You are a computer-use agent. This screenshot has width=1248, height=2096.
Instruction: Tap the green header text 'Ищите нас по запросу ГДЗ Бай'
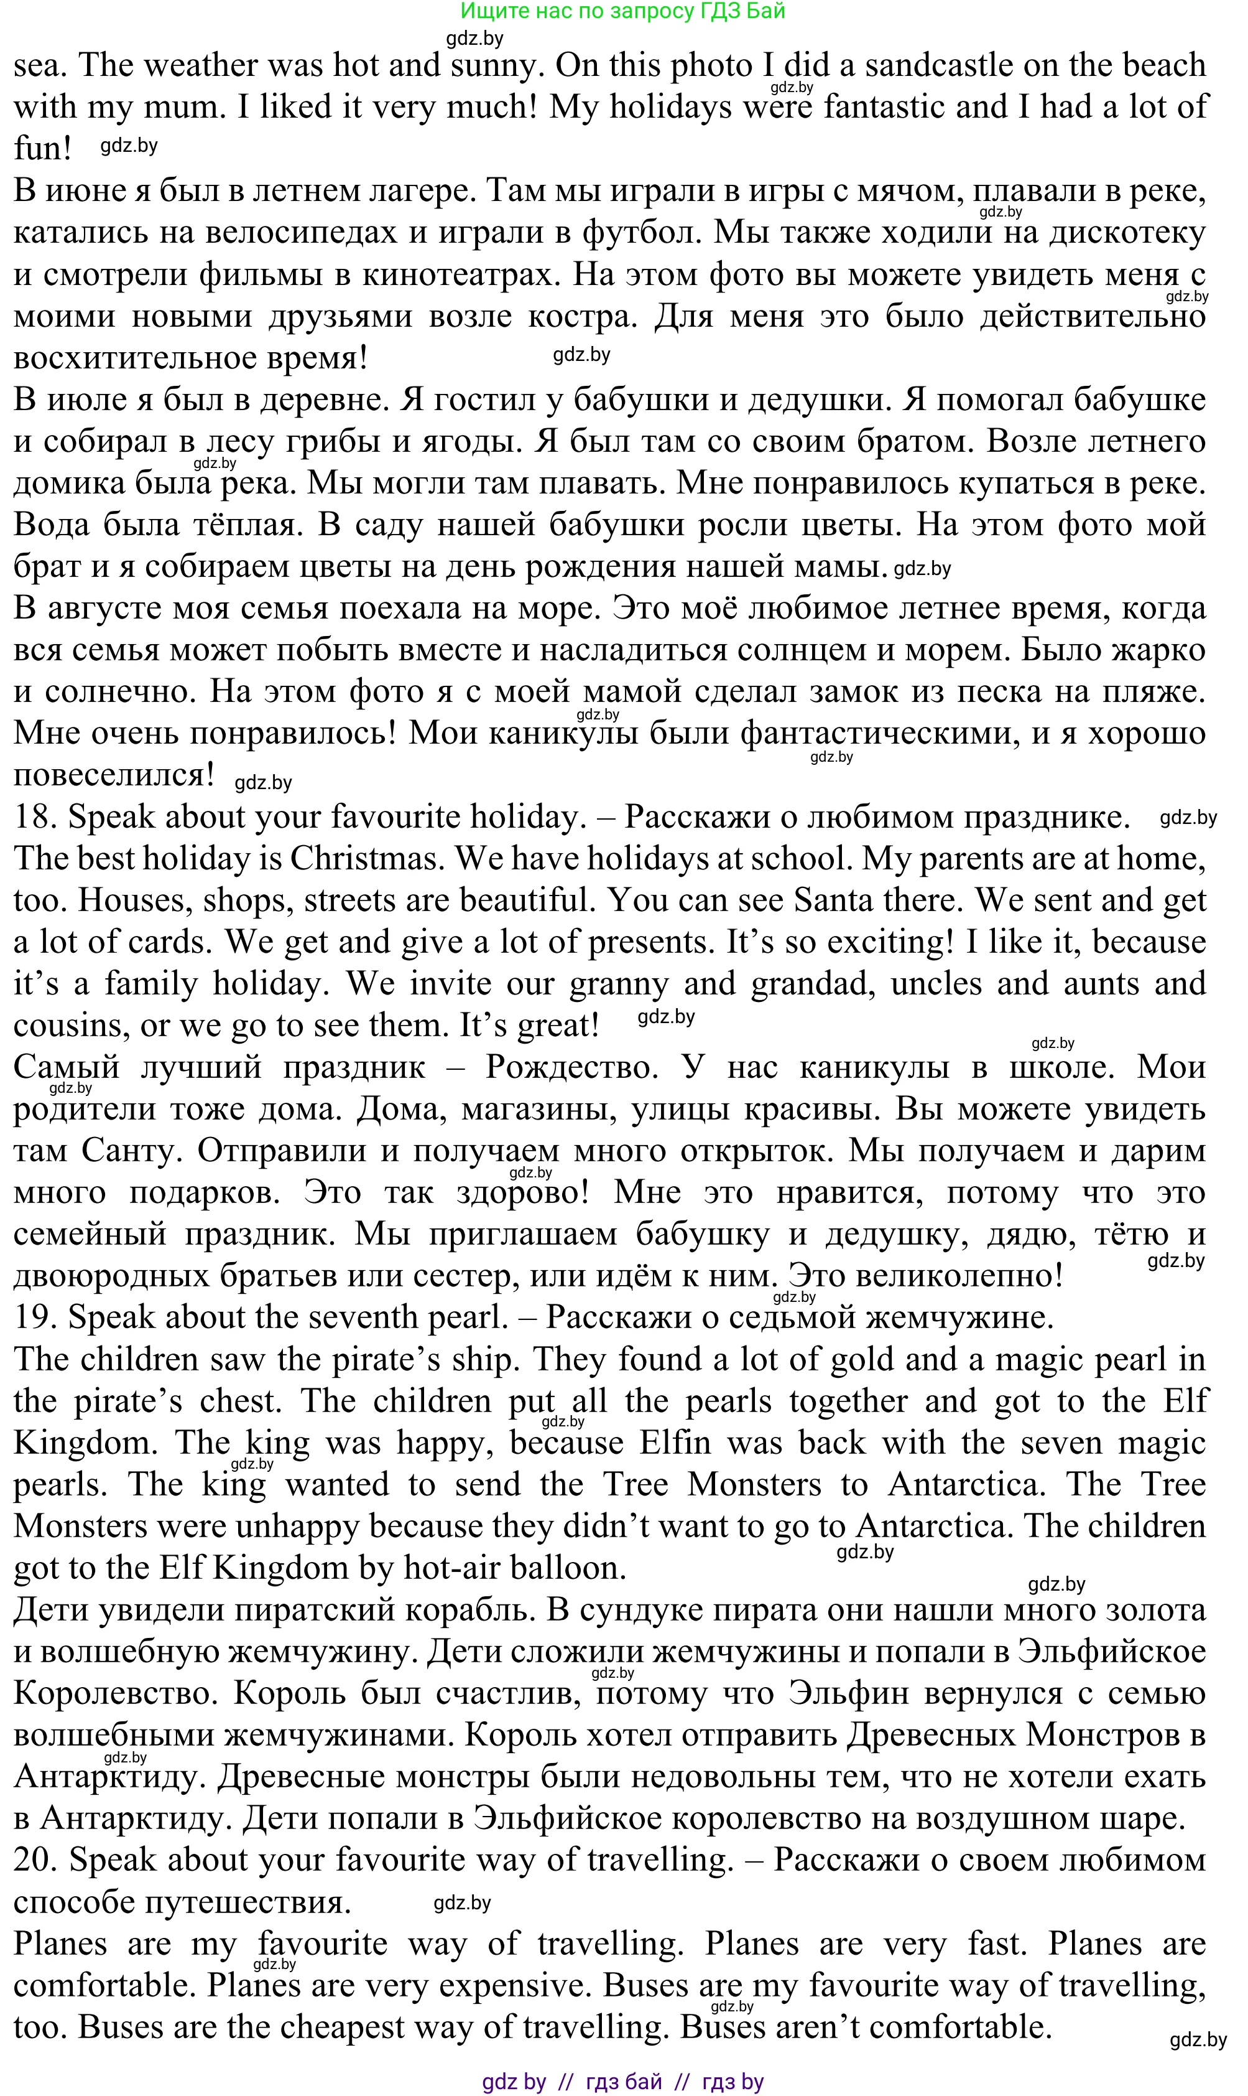click(x=623, y=11)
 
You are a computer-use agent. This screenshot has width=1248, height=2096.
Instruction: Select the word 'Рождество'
click(x=573, y=1068)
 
